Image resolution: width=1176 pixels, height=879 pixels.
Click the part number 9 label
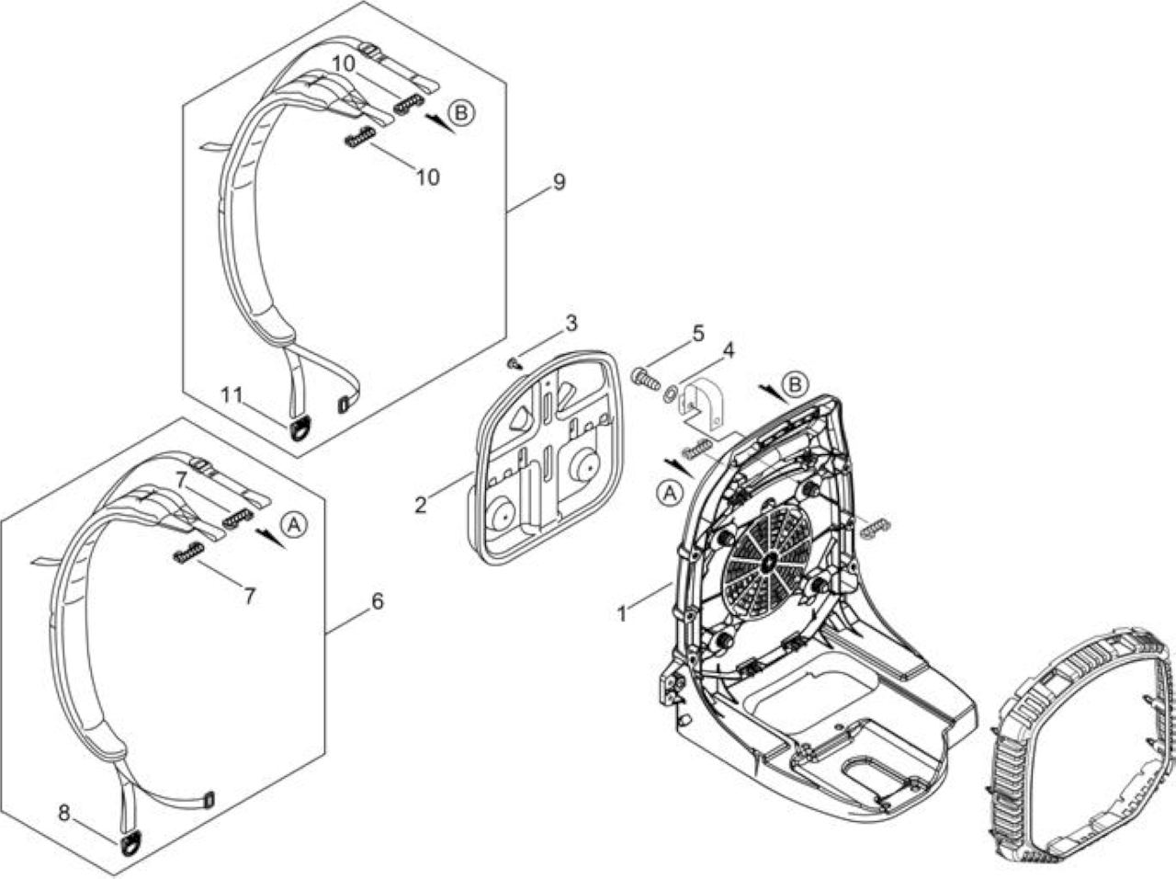(x=559, y=182)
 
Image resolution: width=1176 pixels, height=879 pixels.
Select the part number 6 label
(x=378, y=601)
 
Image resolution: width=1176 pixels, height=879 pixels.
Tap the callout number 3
(x=571, y=324)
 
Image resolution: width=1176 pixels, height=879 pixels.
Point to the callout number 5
(x=697, y=334)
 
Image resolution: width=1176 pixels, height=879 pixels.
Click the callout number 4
(x=728, y=350)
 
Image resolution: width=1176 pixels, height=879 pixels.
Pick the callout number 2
(x=421, y=505)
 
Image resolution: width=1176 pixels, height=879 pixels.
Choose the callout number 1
(x=622, y=613)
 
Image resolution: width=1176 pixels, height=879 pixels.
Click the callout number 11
(x=232, y=395)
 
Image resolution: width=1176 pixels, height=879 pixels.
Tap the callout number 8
(x=64, y=813)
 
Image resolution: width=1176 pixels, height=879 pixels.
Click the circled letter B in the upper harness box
(x=461, y=113)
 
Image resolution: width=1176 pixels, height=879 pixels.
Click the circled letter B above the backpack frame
(x=795, y=385)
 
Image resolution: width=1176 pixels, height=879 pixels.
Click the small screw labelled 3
(x=514, y=364)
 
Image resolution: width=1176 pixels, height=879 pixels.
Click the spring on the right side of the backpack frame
(x=876, y=528)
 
